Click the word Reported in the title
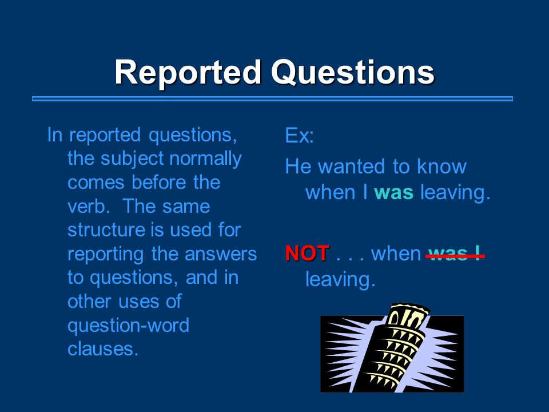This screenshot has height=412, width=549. click(188, 73)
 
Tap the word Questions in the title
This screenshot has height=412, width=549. click(353, 73)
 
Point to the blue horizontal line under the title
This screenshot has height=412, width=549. click(272, 99)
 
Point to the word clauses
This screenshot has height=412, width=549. click(103, 349)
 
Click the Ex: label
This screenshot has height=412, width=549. click(299, 135)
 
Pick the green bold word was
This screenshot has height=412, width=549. click(393, 193)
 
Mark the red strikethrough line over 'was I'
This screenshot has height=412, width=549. click(455, 256)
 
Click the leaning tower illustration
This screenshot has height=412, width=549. click(392, 348)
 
